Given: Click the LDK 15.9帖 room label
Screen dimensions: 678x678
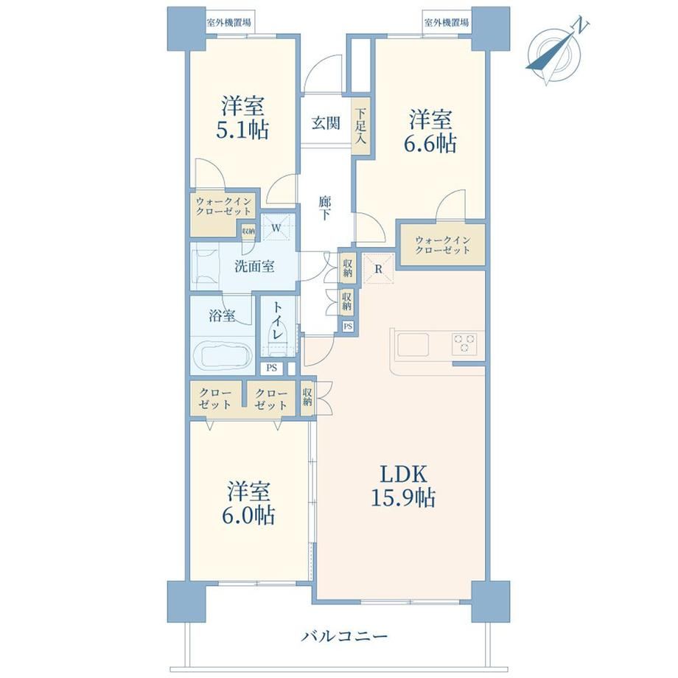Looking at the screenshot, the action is point(403,486).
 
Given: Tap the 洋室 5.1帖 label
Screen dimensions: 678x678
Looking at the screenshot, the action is point(242,118).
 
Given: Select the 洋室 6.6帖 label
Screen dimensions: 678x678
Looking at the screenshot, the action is point(430,131).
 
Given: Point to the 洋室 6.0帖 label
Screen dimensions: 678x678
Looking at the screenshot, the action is point(248,503).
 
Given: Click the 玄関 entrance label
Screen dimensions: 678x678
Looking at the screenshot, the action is point(326,123).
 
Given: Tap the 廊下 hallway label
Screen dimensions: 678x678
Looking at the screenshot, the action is point(325,208).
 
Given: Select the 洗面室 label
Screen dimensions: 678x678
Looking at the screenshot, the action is point(254,266).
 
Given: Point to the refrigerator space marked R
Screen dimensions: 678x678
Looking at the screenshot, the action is point(378,269).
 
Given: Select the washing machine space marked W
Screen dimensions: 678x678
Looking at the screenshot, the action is point(277,227).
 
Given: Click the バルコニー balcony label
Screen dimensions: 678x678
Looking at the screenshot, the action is point(344,637).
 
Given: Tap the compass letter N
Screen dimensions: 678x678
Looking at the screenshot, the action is point(580,26).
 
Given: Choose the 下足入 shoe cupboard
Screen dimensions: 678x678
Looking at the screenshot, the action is point(361,126).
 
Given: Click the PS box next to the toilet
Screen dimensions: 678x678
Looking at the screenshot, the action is point(271,368).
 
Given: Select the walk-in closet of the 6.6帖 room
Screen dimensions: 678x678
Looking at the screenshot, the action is point(442,245).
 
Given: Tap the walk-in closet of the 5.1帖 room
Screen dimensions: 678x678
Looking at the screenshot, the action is point(223,206).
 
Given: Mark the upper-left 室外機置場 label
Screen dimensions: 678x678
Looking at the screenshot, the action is point(228,23).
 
